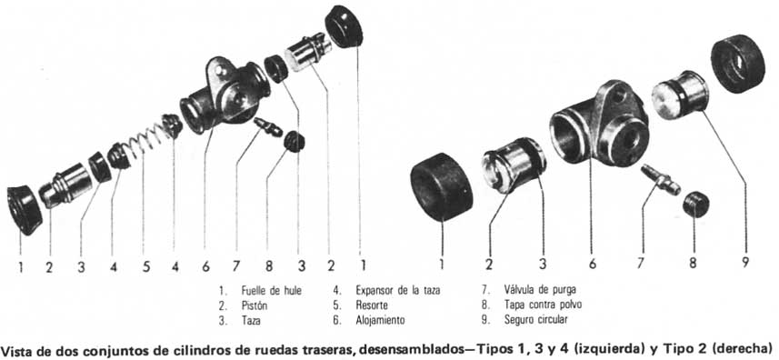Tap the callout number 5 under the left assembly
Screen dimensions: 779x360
point(146,266)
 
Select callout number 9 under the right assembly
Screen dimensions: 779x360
point(744,262)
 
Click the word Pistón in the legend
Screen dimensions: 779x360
point(255,305)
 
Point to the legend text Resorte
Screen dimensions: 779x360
point(372,305)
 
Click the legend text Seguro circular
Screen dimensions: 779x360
point(535,320)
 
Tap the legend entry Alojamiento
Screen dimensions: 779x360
point(380,320)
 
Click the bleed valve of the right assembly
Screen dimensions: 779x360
point(660,180)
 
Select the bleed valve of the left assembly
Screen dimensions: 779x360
point(267,126)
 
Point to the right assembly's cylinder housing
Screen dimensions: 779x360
point(600,124)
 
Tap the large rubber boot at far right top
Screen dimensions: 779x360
point(737,64)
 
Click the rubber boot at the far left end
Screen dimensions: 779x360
point(25,209)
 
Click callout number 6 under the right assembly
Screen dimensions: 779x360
point(592,264)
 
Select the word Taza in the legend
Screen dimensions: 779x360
point(251,321)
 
